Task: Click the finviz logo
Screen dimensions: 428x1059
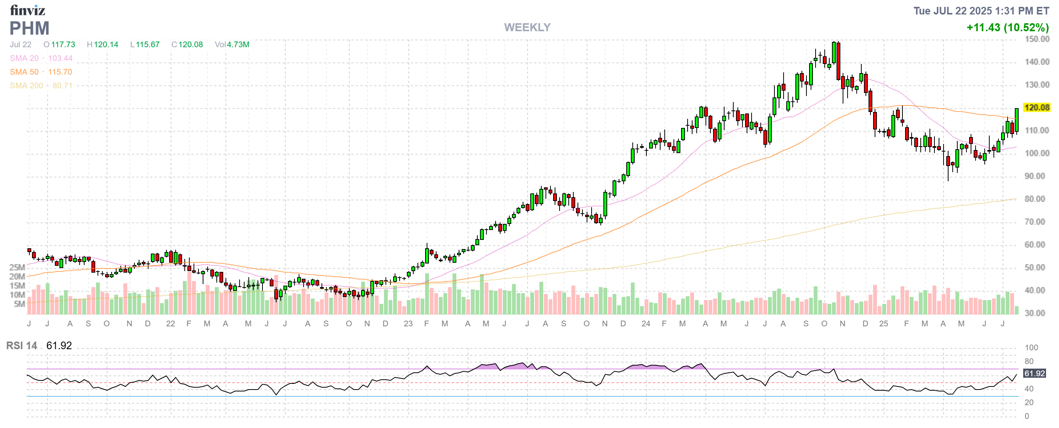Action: point(27,10)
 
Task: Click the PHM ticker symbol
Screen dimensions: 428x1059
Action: point(29,28)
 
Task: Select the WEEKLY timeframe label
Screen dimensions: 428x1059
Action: point(527,27)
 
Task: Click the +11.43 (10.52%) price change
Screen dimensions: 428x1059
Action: point(1007,27)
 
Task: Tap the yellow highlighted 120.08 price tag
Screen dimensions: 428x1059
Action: point(1037,108)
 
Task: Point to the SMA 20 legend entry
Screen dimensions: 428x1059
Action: point(24,58)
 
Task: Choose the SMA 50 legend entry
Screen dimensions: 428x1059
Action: point(24,72)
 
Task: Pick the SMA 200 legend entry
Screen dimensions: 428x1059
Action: point(26,85)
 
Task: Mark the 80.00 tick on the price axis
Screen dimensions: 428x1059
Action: point(1034,199)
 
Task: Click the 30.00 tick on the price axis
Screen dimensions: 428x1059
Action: point(1034,313)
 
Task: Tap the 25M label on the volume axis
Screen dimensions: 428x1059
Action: point(17,267)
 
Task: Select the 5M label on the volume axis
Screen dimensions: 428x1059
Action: point(19,304)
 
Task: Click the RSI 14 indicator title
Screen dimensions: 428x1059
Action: point(21,345)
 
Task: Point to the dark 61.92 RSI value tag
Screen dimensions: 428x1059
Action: point(1034,374)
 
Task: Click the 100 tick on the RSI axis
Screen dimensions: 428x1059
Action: point(1031,348)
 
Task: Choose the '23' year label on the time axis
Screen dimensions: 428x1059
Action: point(408,324)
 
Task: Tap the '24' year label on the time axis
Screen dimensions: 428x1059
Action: point(645,324)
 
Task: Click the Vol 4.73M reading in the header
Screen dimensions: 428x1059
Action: point(232,44)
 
